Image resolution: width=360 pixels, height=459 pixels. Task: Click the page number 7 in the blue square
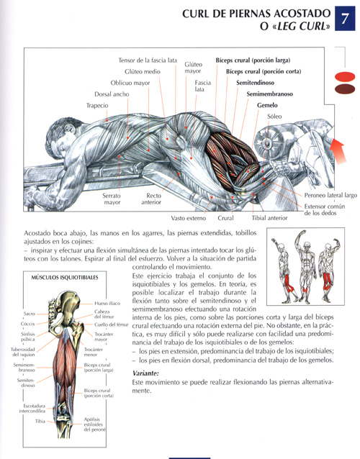pos(345,19)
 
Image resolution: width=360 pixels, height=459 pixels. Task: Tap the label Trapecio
pos(97,105)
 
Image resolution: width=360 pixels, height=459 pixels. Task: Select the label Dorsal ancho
pos(112,94)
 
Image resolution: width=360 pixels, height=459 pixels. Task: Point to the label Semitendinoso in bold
pos(255,83)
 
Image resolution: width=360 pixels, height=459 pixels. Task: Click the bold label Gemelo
pos(267,105)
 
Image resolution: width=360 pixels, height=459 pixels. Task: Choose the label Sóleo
pos(274,117)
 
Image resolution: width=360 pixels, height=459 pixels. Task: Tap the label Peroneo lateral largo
pos(330,195)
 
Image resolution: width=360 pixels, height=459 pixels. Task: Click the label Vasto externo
pos(189,218)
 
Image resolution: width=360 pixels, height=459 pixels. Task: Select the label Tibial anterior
pos(269,218)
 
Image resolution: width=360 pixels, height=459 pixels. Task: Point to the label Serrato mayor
pos(112,199)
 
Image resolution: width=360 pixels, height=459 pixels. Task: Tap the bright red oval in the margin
pos(345,77)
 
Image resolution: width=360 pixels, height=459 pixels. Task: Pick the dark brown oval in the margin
pos(345,89)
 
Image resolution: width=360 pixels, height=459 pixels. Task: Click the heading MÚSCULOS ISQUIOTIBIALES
pos(65,277)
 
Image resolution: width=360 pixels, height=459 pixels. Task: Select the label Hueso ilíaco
pos(107,304)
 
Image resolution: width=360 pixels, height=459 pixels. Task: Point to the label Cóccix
pos(28,324)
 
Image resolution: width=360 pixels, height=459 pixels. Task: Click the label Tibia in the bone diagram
pos(40,421)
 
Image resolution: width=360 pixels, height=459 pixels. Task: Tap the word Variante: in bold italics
pos(145,373)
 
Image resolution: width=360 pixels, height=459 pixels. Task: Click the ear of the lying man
pos(70,128)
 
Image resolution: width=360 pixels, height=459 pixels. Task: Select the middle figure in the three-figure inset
pos(306,266)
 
